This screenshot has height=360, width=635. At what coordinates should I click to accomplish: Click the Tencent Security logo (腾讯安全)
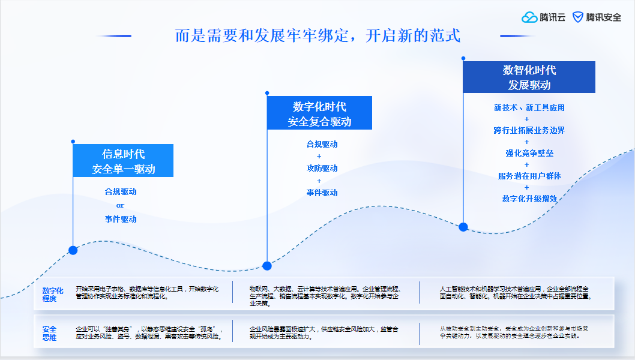597,17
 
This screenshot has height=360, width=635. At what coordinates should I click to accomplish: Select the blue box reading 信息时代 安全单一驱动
123,161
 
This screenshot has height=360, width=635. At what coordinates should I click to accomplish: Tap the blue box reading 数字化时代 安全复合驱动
319,113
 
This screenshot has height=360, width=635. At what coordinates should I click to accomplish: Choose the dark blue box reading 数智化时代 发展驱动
529,77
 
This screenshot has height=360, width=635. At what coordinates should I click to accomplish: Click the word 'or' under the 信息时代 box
120,205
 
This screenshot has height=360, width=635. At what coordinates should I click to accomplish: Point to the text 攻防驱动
322,168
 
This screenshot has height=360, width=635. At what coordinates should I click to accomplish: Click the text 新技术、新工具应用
529,108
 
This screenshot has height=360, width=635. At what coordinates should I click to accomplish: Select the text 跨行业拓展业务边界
529,130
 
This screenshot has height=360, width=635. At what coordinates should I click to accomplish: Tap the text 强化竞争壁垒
529,153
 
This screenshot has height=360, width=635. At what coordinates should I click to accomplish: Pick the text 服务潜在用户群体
529,176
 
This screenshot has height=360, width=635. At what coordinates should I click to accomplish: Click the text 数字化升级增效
529,199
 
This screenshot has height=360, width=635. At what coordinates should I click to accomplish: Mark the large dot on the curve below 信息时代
73,250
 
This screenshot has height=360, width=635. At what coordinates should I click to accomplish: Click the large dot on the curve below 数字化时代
267,266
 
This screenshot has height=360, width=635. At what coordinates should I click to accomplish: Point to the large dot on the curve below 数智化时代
463,227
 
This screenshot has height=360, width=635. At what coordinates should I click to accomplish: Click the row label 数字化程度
53,294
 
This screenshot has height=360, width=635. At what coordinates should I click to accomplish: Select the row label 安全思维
50,333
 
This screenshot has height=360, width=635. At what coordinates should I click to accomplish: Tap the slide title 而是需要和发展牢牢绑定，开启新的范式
317,35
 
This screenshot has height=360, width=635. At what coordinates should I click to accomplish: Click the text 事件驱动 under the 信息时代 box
121,219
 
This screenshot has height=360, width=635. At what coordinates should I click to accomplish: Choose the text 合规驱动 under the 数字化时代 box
322,144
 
